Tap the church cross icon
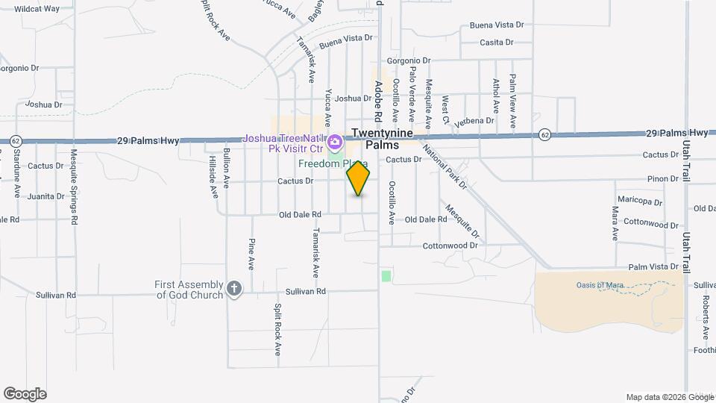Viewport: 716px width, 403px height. coord(234,290)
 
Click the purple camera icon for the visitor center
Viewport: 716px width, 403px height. coord(335,140)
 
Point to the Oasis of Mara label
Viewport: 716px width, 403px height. coord(600,284)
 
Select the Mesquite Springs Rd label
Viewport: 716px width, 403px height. coord(75,187)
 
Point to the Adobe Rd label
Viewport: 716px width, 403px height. coord(378,101)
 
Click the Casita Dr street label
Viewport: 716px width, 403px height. coord(497,43)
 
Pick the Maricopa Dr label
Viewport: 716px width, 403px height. coord(638,201)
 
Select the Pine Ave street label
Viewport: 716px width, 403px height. coord(251,254)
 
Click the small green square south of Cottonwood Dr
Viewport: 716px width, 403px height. coord(386,276)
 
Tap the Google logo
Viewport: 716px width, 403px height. coord(25,394)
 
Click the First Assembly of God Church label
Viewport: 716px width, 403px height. coord(189,290)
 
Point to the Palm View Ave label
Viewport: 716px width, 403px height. coord(513,101)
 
